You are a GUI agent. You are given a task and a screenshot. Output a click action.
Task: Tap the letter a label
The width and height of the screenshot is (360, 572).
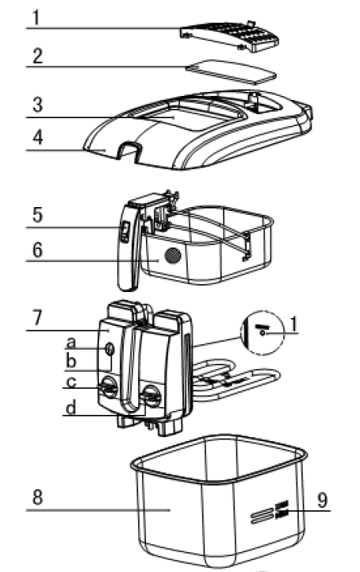point(71,344)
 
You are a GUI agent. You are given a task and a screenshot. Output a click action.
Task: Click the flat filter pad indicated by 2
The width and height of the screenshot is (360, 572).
point(231,74)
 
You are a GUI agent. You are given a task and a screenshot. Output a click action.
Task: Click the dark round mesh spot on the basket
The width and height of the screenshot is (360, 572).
point(170,256)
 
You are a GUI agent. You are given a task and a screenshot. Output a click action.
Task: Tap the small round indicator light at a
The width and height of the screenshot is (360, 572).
point(108,348)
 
